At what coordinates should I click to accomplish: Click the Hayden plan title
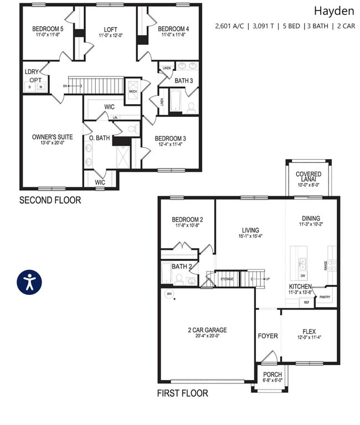click(334, 11)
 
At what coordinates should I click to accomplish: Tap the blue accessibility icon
click(29, 281)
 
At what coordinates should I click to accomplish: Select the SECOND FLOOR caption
click(50, 200)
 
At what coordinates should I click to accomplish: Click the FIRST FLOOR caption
click(183, 393)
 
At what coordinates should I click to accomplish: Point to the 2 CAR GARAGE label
click(207, 330)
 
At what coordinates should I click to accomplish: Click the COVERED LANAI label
click(308, 177)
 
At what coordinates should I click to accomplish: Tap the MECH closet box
click(133, 91)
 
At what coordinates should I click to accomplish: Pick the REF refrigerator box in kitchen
click(306, 303)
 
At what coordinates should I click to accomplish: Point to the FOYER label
click(268, 336)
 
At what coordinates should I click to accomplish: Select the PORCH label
click(272, 375)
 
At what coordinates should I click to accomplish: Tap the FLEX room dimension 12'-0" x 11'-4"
click(309, 338)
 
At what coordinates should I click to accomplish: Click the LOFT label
click(111, 29)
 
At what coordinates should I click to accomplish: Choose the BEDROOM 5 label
click(48, 29)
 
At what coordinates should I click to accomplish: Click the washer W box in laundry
click(40, 86)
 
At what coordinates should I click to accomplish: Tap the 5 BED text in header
click(291, 25)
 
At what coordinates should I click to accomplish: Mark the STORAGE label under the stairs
click(227, 279)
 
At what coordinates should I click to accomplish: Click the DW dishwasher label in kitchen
click(302, 275)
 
